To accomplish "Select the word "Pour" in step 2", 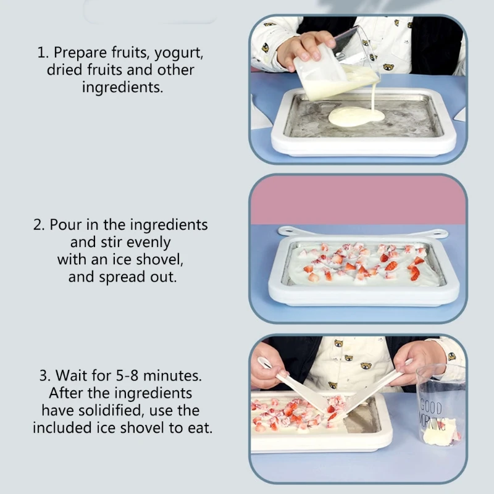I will point(64,224).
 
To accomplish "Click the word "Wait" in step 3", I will point(70,375).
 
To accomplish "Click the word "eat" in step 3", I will point(199,427).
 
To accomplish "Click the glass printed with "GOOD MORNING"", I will point(439,408).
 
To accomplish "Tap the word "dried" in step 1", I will point(65,70).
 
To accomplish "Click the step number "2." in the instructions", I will point(39,224).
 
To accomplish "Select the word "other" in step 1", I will point(175,70).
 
